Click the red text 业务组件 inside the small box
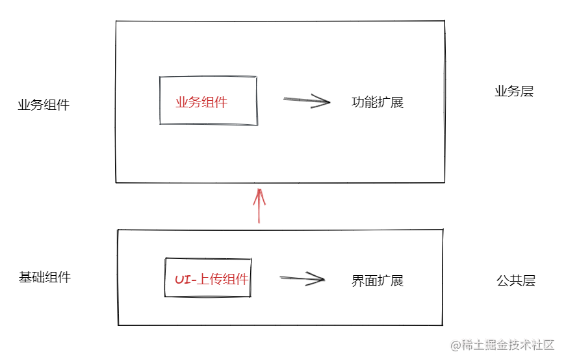tap(201, 102)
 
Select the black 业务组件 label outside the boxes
tap(44, 105)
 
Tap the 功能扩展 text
tap(378, 102)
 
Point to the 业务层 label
tap(514, 91)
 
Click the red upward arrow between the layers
tap(259, 206)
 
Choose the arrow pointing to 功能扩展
tap(307, 101)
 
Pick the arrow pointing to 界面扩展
tap(302, 278)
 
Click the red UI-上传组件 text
tap(212, 279)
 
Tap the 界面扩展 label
tap(378, 280)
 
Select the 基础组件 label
tap(45, 277)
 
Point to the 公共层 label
tap(516, 280)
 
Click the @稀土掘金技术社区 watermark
tap(502, 345)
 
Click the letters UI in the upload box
tap(183, 280)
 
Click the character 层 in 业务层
tap(528, 91)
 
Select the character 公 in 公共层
tap(503, 280)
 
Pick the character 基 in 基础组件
tap(25, 277)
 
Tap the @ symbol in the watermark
tap(456, 345)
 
